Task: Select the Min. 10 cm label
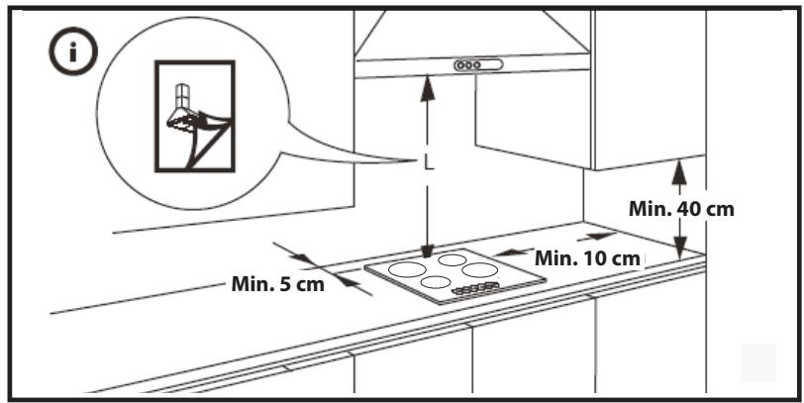coord(587,257)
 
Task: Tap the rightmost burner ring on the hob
coord(479,270)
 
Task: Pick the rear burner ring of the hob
coord(452,261)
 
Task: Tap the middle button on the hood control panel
coord(469,65)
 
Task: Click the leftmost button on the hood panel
coord(460,65)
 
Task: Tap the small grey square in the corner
coord(758,362)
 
